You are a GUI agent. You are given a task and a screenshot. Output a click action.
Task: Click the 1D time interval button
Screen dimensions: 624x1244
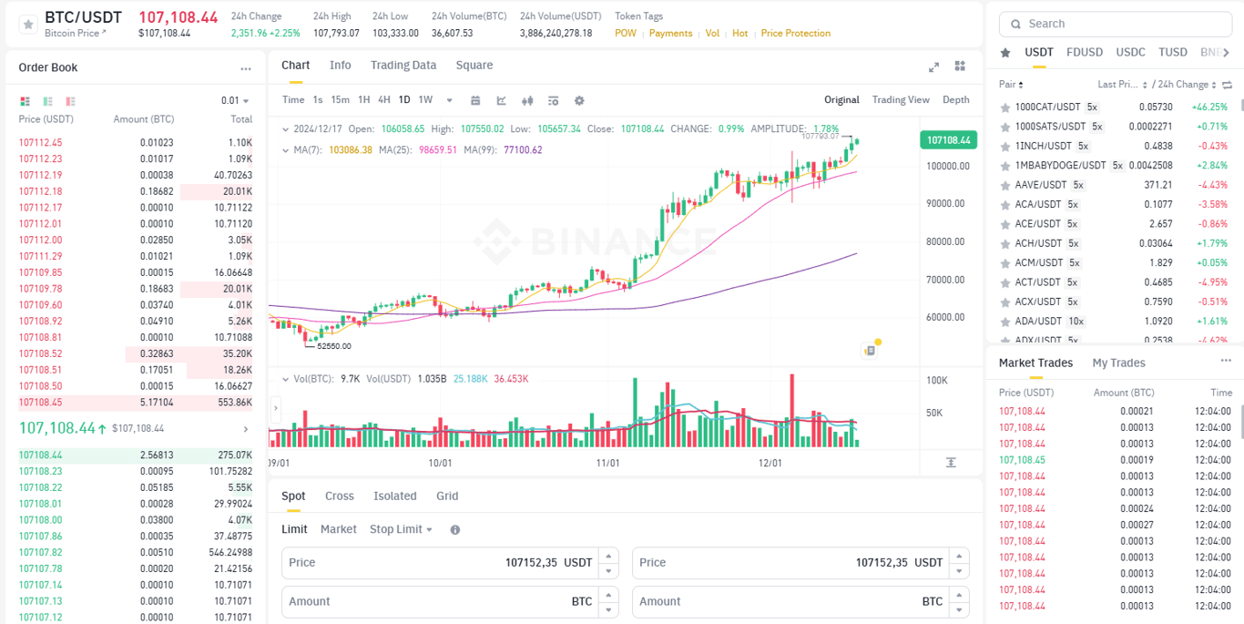[404, 100]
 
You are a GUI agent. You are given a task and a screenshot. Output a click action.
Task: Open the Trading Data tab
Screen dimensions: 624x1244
[403, 66]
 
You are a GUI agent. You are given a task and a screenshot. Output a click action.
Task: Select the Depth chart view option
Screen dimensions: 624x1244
[955, 100]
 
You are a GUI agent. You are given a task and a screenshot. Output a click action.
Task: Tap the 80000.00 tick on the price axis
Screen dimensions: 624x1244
[945, 242]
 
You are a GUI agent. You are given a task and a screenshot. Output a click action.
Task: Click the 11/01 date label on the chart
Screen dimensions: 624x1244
[607, 463]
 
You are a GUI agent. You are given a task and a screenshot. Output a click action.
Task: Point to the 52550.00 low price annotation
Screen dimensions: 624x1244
[333, 346]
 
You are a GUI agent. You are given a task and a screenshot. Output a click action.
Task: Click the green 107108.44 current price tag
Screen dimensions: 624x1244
[948, 140]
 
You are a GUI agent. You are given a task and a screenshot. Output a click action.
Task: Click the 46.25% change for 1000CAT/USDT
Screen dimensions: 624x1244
[1209, 107]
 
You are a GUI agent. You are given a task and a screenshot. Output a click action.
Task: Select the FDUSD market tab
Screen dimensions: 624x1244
[1084, 52]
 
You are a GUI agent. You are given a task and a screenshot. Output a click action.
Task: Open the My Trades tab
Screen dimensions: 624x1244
[1118, 363]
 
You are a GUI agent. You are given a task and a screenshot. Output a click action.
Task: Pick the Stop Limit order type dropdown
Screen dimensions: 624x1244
[401, 529]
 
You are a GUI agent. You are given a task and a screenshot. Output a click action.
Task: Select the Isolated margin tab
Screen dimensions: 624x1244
[394, 496]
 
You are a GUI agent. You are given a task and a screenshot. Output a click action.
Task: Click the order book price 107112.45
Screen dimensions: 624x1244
[40, 143]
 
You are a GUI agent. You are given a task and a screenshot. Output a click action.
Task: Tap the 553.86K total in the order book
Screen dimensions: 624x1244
[234, 403]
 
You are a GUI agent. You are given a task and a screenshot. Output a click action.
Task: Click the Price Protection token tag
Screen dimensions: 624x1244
[795, 34]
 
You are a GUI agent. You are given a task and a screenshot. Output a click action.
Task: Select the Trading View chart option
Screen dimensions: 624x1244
[900, 100]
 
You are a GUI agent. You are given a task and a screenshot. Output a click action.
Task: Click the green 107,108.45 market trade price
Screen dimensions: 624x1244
[1022, 460]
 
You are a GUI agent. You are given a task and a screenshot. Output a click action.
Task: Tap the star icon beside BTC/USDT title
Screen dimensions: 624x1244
[27, 25]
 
